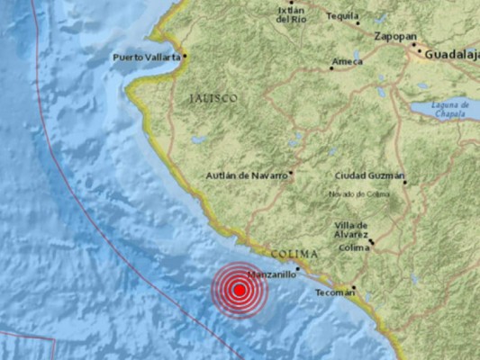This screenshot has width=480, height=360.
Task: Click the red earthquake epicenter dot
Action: tap(240, 290)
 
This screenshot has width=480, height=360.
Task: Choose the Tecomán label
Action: tap(333, 292)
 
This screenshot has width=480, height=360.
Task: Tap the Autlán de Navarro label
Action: tap(246, 175)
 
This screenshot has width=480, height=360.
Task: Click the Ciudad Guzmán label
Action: tap(369, 175)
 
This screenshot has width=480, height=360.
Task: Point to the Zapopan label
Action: tap(395, 36)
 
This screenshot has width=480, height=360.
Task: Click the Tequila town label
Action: tap(343, 15)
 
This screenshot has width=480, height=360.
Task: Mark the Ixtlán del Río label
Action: tap(290, 13)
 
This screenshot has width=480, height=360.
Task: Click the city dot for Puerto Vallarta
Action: tap(185, 56)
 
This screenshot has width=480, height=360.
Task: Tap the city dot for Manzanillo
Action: tap(297, 268)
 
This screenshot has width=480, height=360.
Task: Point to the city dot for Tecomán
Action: tap(354, 289)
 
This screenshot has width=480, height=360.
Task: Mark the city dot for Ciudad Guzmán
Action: tap(405, 181)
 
